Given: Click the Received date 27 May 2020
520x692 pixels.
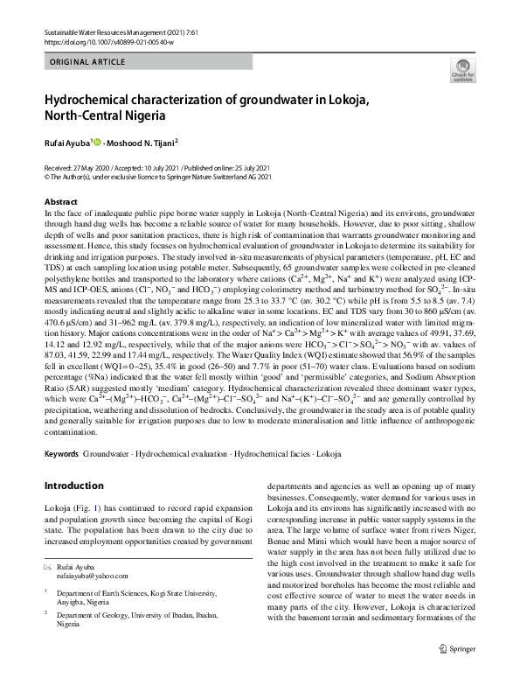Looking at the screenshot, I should point(79,166).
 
